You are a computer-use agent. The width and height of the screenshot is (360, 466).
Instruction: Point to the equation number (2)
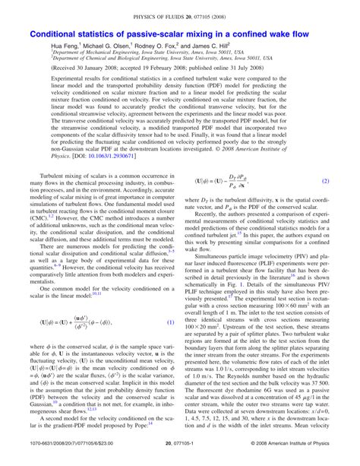[325, 203]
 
